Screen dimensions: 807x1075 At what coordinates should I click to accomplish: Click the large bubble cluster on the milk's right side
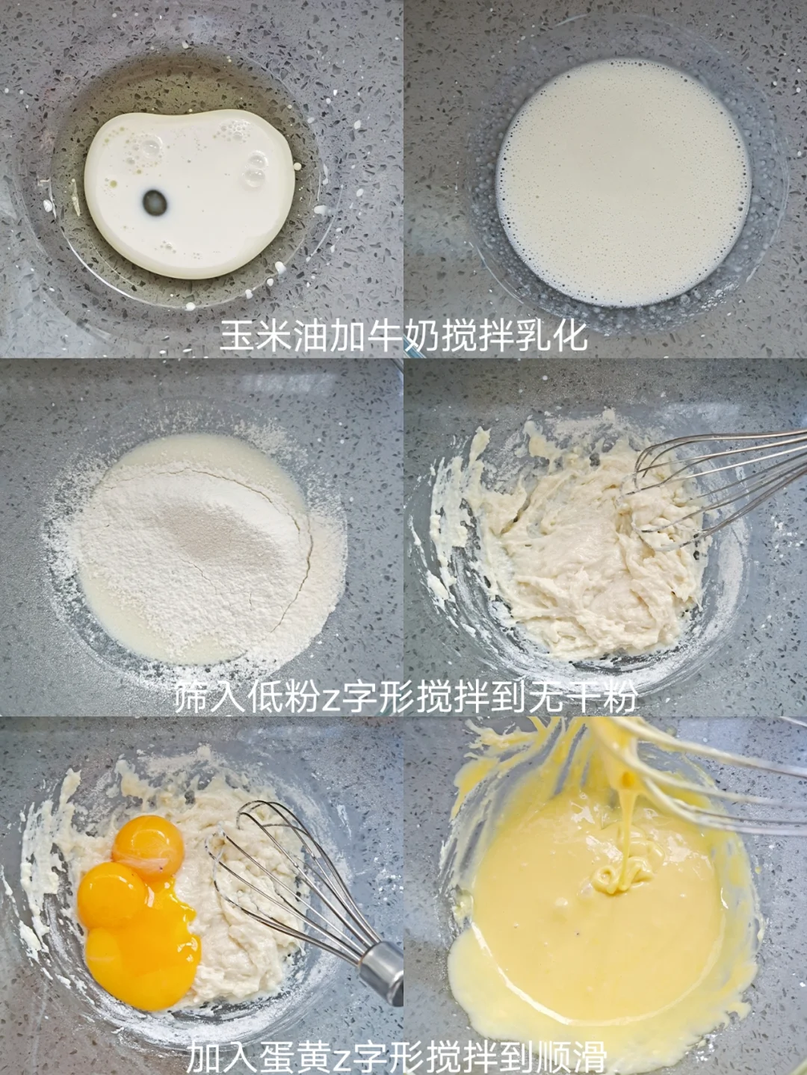[256, 167]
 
